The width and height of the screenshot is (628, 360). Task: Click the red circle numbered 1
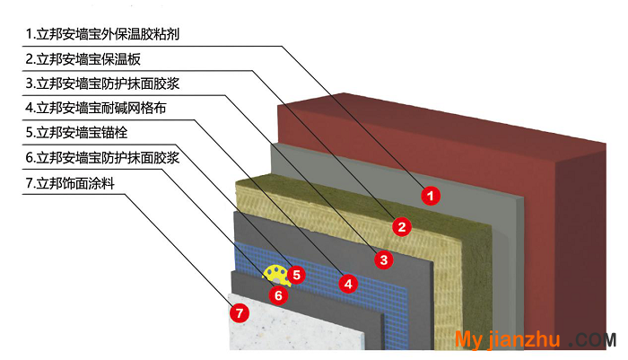pos(431,196)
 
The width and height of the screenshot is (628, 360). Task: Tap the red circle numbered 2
pos(402,227)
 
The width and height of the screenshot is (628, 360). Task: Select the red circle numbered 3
pos(384,259)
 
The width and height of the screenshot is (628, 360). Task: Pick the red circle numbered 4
pos(348,284)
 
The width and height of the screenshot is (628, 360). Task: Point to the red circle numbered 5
pos(296,275)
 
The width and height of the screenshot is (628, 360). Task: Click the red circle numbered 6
pos(278,295)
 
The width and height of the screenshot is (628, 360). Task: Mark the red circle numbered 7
pos(240,312)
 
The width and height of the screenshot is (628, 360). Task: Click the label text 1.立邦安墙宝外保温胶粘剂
pos(102,34)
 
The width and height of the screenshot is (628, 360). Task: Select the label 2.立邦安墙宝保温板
pos(83,59)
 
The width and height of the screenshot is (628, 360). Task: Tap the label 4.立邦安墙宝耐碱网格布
pos(96,108)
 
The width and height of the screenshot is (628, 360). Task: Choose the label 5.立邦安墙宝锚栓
pos(77,133)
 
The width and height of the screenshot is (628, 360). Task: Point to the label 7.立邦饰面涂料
pos(71,183)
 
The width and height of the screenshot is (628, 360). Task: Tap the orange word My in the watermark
pos(469,340)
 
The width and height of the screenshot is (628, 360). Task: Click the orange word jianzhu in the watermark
pos(525,339)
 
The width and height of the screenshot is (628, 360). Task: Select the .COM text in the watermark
pos(593,340)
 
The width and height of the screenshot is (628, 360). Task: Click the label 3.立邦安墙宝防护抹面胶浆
pos(102,83)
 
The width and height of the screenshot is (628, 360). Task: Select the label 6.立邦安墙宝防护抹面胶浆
pos(102,157)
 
